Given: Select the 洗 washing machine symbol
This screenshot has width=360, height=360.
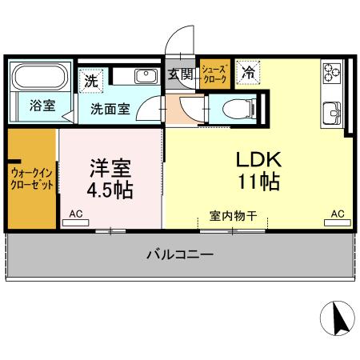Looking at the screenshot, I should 92,80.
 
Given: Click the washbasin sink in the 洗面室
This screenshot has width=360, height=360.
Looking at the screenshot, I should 146,76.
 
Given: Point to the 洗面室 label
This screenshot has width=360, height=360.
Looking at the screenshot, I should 110,109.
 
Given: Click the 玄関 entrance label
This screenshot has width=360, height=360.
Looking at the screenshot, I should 181,75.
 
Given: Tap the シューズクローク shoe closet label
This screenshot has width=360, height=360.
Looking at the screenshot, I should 214,74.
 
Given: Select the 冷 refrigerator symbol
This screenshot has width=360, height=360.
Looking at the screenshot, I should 248,72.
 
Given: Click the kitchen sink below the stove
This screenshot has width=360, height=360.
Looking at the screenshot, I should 331,112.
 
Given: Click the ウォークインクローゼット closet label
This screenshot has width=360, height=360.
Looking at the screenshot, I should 33,178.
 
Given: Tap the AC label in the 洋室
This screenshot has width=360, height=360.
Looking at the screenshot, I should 77,214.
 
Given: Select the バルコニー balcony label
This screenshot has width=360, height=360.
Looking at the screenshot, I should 180,256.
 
